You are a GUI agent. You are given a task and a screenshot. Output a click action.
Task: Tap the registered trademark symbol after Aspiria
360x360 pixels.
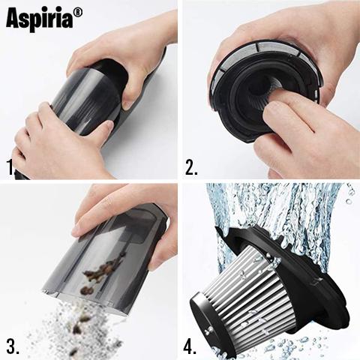click(x=78, y=13)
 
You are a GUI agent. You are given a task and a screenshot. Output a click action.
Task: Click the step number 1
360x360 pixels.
click(x=10, y=167)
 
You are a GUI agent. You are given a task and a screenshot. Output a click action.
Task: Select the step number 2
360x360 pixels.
click(x=191, y=166)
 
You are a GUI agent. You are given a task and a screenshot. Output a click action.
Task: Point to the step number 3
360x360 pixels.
click(x=13, y=346)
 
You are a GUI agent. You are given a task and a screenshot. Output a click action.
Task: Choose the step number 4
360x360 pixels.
click(x=190, y=346)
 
